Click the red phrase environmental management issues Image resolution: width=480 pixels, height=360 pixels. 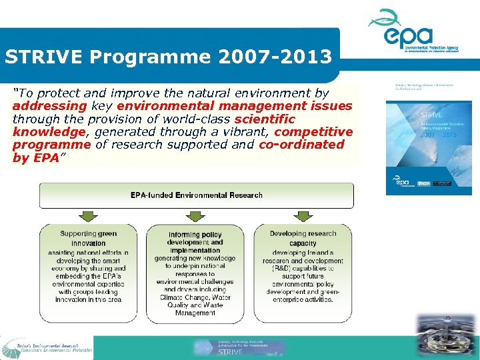pos(234,106)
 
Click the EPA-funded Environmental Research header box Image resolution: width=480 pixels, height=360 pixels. pos(196,195)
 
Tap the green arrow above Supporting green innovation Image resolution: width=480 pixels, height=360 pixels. pos(88,216)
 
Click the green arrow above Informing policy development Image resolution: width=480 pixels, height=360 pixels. pos(195,216)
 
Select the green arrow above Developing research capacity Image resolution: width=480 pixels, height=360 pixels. pos(303,216)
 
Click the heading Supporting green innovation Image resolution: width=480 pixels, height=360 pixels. pos(88,239)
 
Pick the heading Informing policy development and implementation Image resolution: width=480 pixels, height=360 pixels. pos(195,243)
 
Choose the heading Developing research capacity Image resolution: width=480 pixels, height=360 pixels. pos(303,239)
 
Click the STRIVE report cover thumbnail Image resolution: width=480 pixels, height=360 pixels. pos(429,148)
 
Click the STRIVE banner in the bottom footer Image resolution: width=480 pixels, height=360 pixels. pos(240,348)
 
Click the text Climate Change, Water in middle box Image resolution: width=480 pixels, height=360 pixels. pos(195,297)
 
